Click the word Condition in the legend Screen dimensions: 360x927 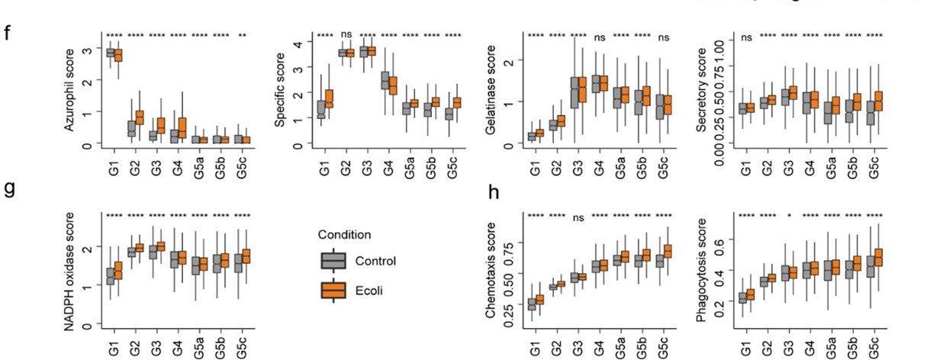346,234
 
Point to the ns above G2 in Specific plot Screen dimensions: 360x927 346,35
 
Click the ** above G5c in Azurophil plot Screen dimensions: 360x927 243,35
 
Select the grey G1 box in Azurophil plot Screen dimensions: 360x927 110,53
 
